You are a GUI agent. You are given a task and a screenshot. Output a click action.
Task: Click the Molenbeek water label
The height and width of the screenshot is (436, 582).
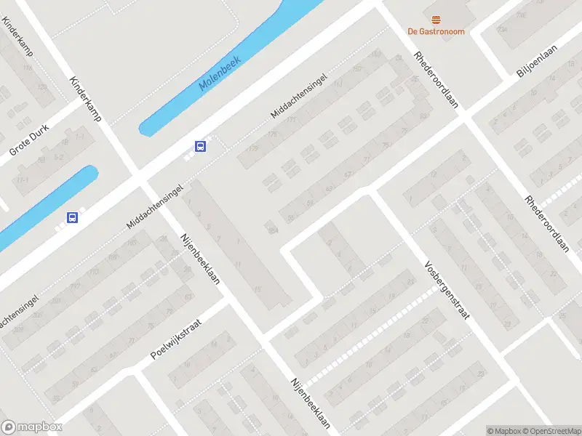tap(220, 76)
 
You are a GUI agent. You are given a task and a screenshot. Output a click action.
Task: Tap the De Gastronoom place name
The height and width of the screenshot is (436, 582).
tap(436, 31)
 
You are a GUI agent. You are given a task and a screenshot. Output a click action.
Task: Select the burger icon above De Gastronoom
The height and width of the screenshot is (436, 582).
tap(436, 18)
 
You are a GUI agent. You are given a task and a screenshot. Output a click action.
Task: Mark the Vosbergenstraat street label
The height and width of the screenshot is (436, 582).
tap(447, 291)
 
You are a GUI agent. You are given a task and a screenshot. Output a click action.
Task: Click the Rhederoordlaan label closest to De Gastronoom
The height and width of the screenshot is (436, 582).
tap(436, 79)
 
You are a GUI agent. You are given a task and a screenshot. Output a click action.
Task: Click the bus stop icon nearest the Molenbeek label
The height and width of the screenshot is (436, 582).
tap(200, 146)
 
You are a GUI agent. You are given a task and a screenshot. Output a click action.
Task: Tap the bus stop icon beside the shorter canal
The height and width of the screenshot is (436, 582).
tap(72, 217)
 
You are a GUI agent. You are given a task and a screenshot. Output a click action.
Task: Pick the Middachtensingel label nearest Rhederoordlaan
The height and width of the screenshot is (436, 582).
tap(298, 94)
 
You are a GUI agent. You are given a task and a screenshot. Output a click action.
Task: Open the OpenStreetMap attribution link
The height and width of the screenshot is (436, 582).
tap(554, 431)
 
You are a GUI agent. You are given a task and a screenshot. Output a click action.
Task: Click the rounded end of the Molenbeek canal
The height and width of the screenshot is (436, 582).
tap(145, 129)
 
